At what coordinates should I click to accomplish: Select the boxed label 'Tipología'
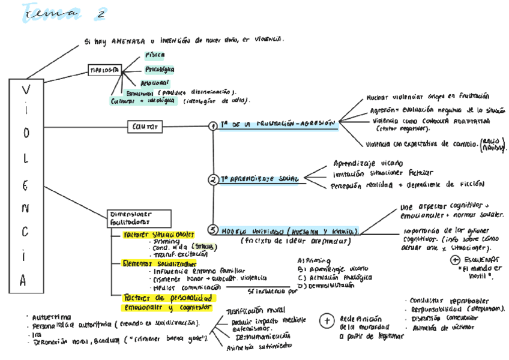[104, 69]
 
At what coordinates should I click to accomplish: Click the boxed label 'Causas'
[145, 127]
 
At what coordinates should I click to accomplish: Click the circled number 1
[213, 126]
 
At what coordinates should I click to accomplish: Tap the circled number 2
[213, 179]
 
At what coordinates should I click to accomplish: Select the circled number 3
[213, 230]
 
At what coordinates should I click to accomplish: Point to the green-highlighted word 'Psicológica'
[160, 70]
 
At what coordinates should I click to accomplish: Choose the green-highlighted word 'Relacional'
[154, 83]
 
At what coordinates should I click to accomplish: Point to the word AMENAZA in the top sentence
[128, 41]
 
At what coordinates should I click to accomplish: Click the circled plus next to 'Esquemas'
[454, 259]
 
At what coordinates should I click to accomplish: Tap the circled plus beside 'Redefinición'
[327, 321]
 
